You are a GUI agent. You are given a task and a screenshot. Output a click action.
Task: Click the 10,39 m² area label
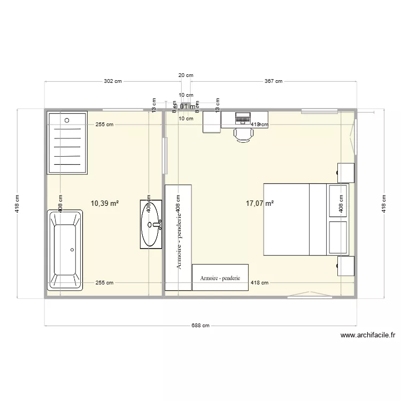[105, 203]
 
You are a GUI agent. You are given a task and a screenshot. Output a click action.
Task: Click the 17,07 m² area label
[260, 203]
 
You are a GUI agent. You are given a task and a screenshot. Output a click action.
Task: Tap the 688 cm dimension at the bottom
[201, 326]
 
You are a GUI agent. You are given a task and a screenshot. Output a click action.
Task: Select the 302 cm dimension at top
[112, 81]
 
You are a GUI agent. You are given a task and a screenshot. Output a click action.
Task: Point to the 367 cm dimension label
[273, 81]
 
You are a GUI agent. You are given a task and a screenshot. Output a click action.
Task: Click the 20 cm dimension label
[186, 75]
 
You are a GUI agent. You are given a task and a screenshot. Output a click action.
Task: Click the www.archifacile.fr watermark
[367, 336]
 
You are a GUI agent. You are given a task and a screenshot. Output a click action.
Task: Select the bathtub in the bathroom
[65, 250]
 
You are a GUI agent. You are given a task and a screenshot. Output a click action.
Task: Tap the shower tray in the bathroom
[67, 143]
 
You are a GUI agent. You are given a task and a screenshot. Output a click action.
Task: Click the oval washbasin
[151, 224]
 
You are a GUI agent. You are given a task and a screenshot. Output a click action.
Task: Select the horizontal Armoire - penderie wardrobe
[220, 277]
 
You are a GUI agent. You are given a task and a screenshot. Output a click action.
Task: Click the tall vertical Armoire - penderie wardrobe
[178, 237]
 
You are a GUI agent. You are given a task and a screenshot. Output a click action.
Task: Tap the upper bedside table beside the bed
[345, 172]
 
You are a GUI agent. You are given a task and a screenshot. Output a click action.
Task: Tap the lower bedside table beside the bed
[345, 266]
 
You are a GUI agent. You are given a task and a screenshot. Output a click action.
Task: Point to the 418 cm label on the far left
[18, 203]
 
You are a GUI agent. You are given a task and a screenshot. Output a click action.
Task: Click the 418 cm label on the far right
[383, 203]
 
